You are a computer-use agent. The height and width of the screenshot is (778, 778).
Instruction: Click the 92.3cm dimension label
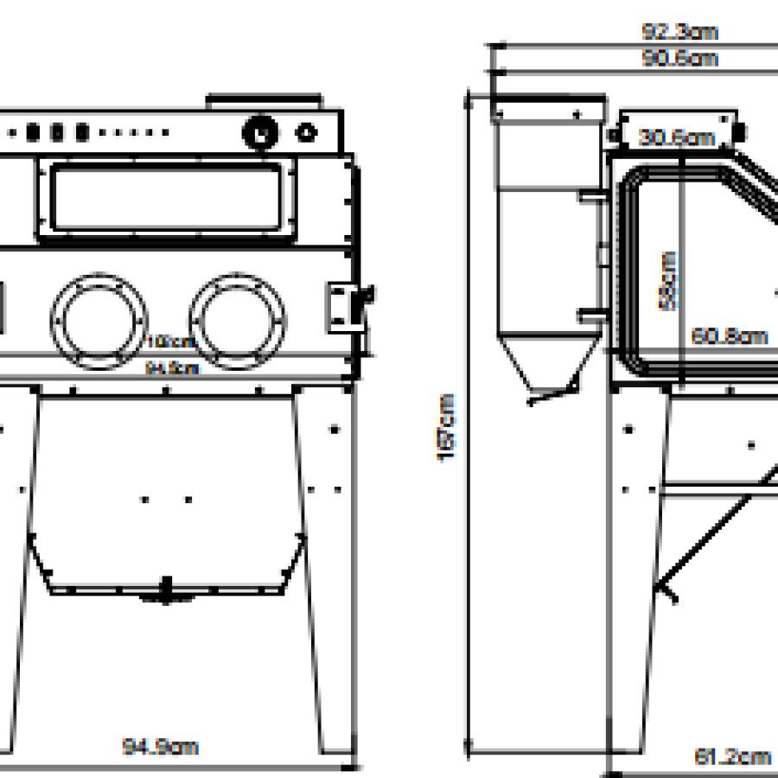(x=680, y=33)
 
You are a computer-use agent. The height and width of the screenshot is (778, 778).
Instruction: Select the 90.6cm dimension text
(x=679, y=59)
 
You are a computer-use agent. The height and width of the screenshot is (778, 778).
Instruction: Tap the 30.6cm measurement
(x=677, y=137)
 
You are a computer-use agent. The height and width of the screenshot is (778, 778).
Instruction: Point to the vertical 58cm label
(x=668, y=279)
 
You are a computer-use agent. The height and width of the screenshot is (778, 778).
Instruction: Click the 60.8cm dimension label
(x=730, y=335)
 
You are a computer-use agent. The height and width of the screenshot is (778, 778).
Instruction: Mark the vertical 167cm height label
(x=448, y=428)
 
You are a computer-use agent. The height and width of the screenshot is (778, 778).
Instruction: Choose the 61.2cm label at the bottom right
(x=732, y=756)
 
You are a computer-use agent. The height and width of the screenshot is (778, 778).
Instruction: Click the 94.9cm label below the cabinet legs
(x=160, y=746)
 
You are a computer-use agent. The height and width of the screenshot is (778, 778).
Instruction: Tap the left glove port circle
(x=99, y=316)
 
